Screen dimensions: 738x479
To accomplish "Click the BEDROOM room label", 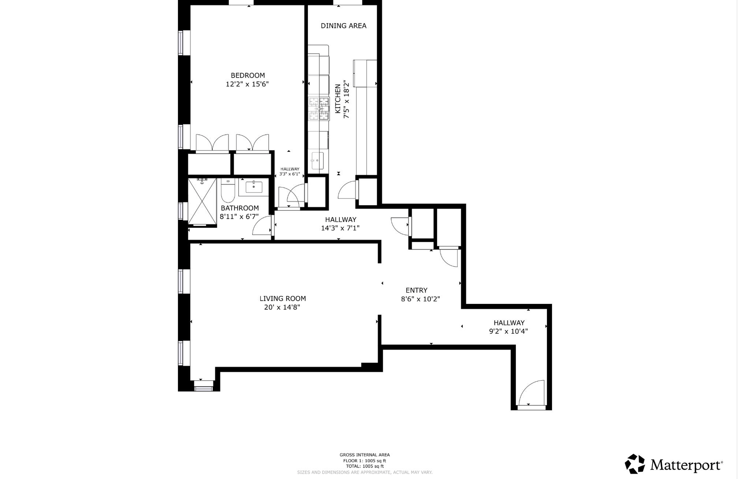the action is click(x=248, y=75).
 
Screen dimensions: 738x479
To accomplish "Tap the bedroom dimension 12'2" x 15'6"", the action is click(x=247, y=84).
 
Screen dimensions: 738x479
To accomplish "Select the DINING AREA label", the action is click(x=344, y=26).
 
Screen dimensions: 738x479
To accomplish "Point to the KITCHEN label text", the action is click(x=337, y=99).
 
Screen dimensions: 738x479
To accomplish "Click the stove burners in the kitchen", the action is click(x=319, y=109).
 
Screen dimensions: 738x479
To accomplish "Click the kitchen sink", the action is click(x=317, y=161).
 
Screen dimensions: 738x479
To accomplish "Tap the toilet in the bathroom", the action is click(x=228, y=191).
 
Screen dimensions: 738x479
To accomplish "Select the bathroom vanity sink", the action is click(x=254, y=187).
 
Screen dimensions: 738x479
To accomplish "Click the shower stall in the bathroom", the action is click(x=202, y=201).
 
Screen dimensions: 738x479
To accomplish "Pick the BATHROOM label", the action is click(x=240, y=208).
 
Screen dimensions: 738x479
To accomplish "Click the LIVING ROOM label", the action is click(x=283, y=298).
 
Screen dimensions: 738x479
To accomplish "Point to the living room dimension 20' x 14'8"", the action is click(x=282, y=307).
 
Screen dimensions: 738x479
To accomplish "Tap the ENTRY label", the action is click(x=417, y=290).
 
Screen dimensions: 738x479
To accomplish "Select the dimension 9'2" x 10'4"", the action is click(x=509, y=331).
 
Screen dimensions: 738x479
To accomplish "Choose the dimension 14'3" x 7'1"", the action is click(x=341, y=228).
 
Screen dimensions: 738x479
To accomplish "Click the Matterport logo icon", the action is click(x=635, y=464).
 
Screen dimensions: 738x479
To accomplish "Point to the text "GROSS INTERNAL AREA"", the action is click(x=365, y=455).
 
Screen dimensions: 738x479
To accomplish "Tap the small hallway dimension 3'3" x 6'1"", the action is click(x=290, y=174).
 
